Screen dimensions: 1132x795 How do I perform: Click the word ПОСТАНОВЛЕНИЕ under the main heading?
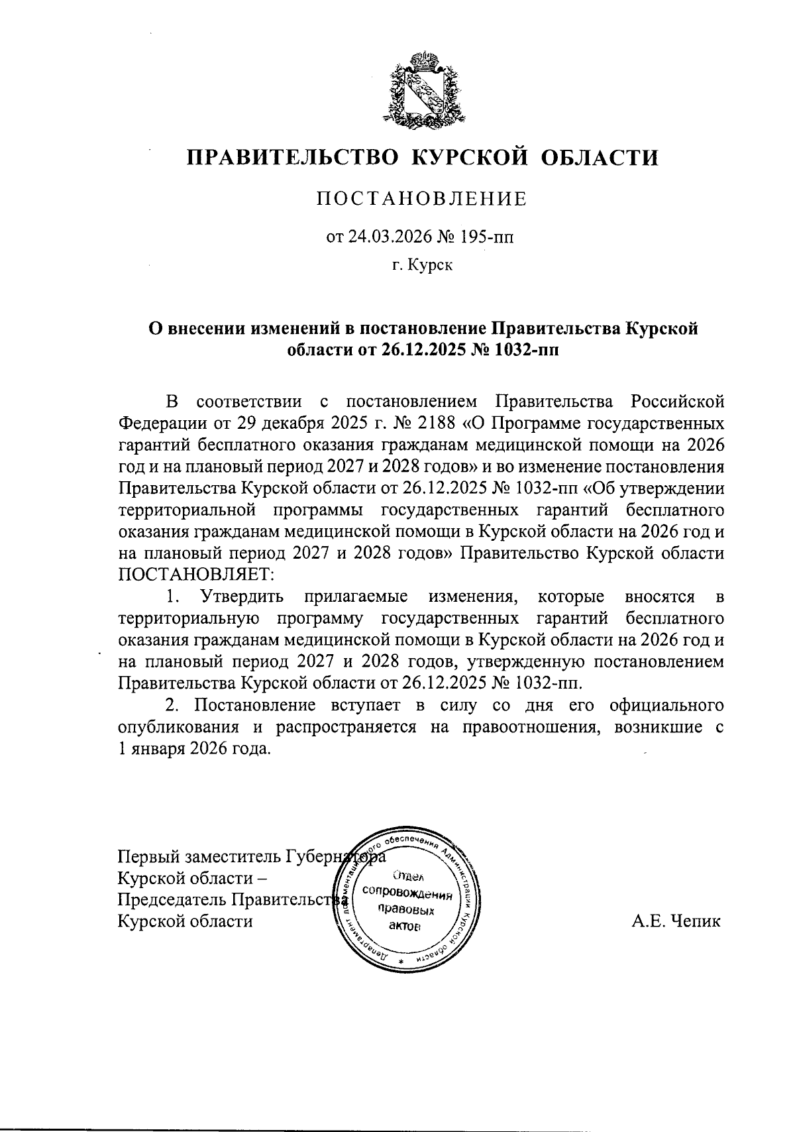coord(421,199)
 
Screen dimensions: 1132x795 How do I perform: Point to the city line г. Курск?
coord(421,266)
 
